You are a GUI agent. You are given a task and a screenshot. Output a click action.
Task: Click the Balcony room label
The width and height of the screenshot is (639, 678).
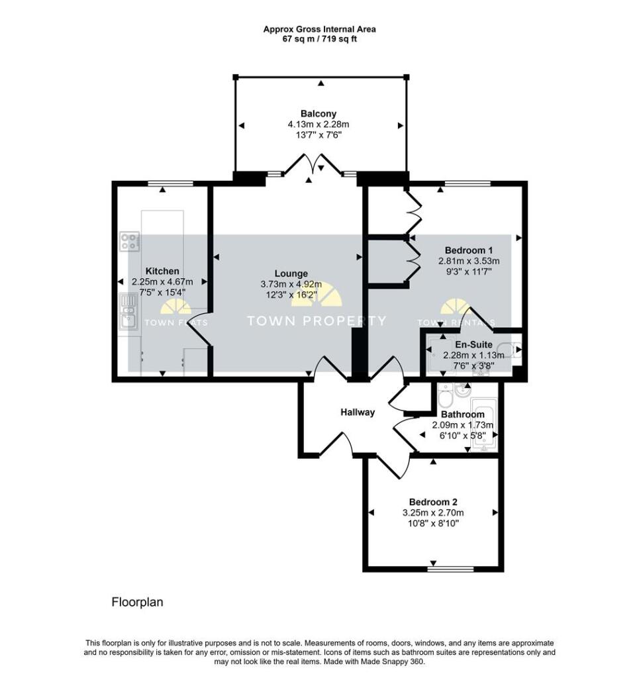319,114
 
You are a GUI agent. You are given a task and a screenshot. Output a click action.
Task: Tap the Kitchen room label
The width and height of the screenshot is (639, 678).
162,271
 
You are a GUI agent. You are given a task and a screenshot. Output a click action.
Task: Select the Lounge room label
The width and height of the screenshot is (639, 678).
291,273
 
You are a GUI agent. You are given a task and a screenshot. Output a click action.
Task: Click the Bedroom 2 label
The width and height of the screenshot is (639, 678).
433,502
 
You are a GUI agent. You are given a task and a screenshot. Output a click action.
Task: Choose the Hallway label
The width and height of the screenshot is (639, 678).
358,412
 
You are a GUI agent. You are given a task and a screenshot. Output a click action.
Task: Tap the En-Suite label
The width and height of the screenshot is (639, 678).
473,344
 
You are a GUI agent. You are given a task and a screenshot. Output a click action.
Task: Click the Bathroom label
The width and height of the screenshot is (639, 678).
463,414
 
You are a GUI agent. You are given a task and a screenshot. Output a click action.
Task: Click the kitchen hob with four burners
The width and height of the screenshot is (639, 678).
130,242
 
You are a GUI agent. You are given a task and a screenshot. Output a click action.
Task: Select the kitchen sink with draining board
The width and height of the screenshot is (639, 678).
128,311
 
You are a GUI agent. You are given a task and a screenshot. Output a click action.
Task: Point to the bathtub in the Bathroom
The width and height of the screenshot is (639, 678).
484,425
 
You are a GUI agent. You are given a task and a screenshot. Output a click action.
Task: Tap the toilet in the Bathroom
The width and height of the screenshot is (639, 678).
444,395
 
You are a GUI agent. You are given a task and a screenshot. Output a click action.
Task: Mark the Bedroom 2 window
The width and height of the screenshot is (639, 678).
451,569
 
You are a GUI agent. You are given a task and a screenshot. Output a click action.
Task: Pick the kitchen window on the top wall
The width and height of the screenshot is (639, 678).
170,184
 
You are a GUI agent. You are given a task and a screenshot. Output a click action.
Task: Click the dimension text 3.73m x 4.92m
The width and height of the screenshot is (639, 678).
291,285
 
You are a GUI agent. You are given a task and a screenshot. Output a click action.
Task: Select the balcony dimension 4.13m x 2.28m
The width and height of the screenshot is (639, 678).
319,124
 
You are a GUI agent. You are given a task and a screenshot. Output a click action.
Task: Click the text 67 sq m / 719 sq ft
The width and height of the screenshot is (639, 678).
319,39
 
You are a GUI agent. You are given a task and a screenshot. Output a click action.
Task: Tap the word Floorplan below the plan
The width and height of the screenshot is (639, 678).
138,602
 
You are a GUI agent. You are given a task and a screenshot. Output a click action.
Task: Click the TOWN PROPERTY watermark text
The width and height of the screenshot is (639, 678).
316,321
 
